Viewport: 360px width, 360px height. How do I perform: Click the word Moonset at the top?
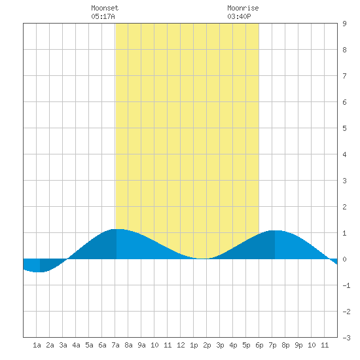tap(105, 8)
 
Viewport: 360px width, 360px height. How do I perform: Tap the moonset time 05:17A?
tap(103, 16)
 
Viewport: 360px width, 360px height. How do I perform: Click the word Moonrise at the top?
tap(243, 8)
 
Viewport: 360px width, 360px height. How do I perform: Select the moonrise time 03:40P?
tap(239, 16)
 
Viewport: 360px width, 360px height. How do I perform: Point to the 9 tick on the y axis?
tap(344, 24)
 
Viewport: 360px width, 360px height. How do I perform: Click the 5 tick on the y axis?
tap(344, 128)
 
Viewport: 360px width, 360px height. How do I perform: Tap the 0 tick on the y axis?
tap(344, 259)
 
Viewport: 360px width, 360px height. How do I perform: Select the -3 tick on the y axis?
tap(346, 338)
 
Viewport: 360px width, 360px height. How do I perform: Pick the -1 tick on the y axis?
tap(346, 285)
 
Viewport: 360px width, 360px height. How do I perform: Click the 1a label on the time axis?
tap(37, 345)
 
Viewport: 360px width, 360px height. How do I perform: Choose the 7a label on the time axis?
tap(115, 345)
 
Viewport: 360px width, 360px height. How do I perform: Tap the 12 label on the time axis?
tap(181, 345)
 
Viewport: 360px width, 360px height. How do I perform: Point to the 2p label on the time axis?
tap(207, 345)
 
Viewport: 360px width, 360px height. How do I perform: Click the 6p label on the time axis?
tap(259, 345)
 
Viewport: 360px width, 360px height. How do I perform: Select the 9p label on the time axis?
tap(298, 345)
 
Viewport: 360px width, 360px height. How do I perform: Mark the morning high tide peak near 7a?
tap(117, 229)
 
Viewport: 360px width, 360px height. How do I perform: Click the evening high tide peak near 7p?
tap(275, 230)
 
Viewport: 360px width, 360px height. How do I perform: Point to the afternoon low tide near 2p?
tap(202, 259)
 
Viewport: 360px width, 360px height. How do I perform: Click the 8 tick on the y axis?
tap(344, 50)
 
